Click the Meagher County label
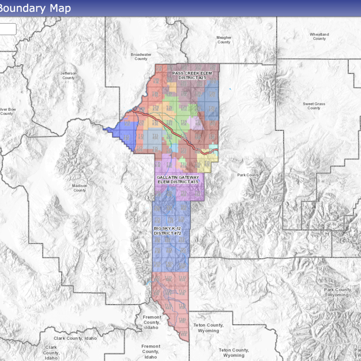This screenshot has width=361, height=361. click(224, 40)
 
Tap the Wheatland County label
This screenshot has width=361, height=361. click(319, 36)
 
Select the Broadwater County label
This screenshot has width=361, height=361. click(141, 57)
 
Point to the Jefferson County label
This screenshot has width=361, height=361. click(69, 76)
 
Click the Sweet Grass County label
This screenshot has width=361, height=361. click(314, 106)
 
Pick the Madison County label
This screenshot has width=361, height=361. click(79, 188)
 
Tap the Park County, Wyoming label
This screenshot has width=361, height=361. click(338, 292)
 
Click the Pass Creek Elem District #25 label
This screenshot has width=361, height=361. click(192, 76)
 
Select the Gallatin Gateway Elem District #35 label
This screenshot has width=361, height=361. click(178, 180)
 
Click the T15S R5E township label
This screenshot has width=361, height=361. click(183, 333)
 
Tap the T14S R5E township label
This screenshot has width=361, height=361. click(182, 320)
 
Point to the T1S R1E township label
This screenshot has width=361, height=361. click(127, 137)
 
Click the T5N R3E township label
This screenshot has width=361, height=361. click(159, 68)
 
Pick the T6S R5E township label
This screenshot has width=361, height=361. click(183, 207)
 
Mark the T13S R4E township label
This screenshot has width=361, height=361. click(168, 307)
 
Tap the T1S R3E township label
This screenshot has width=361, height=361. click(155, 137)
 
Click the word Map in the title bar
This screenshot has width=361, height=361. click(60, 8)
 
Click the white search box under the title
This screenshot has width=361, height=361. click(8, 29)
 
